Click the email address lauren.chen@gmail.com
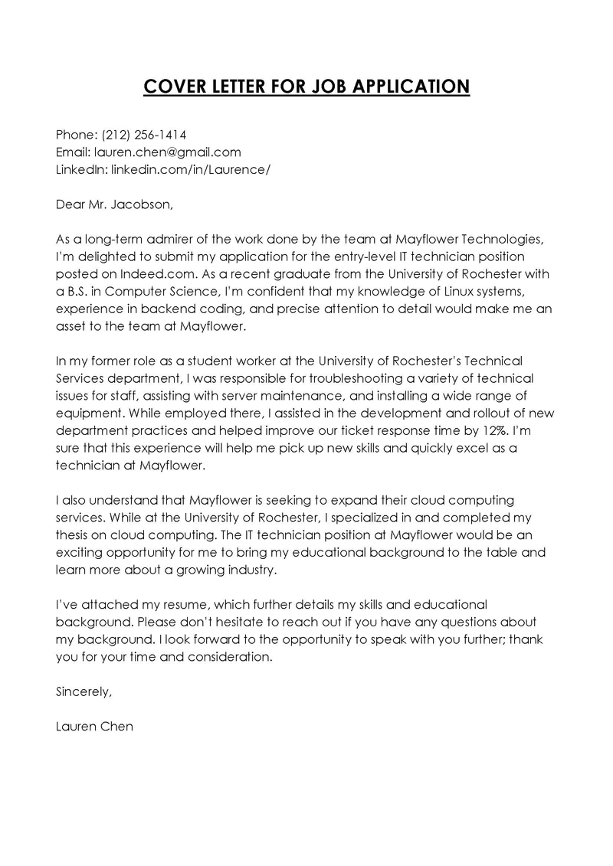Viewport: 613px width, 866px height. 168,152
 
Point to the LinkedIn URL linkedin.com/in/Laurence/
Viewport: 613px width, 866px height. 190,168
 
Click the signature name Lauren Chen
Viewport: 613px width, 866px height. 94,727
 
